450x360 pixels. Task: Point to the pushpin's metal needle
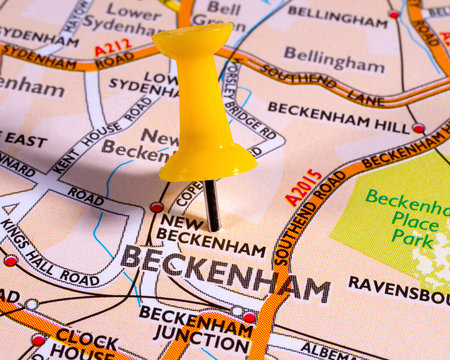coord(211,204)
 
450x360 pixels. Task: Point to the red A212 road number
coord(113,46)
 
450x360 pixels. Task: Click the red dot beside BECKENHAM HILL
coord(418,128)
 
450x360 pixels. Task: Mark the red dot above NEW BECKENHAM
coord(156,208)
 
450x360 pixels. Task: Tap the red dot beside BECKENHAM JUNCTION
coord(249,317)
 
